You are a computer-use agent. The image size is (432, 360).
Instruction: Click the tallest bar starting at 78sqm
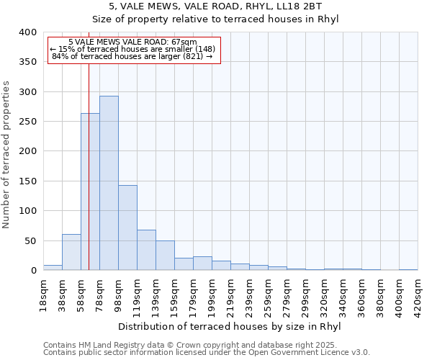click(x=109, y=183)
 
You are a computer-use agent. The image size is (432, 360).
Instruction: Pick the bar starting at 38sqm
click(x=71, y=252)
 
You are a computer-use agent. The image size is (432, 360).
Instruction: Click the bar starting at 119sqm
click(x=146, y=250)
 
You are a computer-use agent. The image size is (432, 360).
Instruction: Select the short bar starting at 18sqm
click(x=53, y=267)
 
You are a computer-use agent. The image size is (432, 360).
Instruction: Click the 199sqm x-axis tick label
click(x=212, y=294)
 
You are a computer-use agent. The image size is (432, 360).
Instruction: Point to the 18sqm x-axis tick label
click(x=43, y=294)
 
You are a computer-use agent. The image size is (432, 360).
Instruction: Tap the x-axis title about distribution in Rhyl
click(x=229, y=327)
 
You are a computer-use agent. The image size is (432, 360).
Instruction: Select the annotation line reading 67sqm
click(x=133, y=42)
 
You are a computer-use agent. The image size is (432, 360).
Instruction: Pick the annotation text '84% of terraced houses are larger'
click(x=133, y=56)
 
